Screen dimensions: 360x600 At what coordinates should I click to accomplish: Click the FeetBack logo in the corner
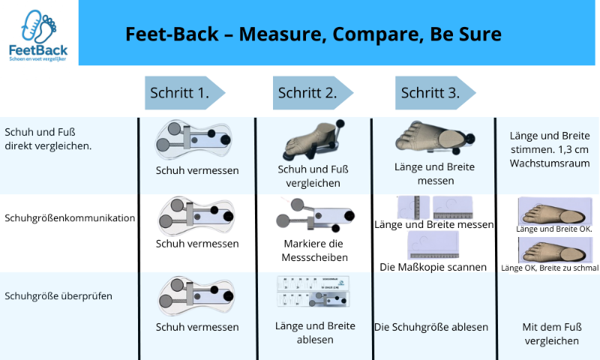coord(38,34)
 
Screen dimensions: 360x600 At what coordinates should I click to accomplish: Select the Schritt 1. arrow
coord(184,94)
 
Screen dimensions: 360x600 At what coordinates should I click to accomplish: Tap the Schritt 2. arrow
coord(312,94)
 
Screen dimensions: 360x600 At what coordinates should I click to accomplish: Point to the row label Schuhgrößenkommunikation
coord(70,218)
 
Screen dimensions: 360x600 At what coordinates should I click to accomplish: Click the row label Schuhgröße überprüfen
coord(58,295)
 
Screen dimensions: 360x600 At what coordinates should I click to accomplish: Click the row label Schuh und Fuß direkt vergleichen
coord(48,139)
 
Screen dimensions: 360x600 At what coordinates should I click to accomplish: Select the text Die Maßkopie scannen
coord(433,266)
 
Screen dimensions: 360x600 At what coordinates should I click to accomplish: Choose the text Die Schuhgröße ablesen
coord(431,327)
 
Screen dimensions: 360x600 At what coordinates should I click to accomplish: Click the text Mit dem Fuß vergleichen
coord(550,334)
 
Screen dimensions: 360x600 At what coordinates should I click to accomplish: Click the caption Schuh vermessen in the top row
coord(197,170)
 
